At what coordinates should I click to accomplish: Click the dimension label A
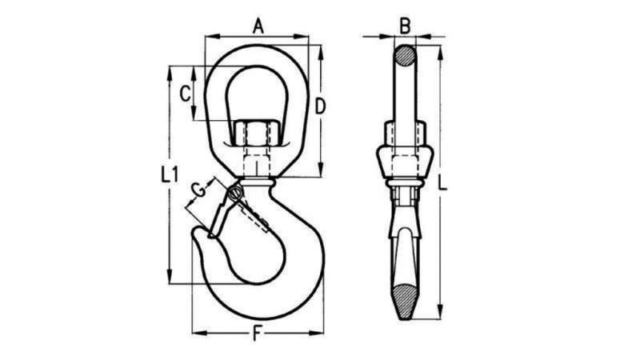pyautogui.click(x=258, y=26)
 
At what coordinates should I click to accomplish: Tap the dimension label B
pyautogui.click(x=405, y=26)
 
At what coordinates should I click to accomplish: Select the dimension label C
pyautogui.click(x=185, y=93)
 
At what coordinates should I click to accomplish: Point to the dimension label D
pyautogui.click(x=319, y=105)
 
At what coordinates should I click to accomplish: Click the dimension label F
pyautogui.click(x=258, y=336)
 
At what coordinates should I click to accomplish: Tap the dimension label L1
pyautogui.click(x=168, y=174)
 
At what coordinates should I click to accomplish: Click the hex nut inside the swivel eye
pyautogui.click(x=257, y=132)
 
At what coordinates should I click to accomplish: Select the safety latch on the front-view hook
pyautogui.click(x=222, y=213)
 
